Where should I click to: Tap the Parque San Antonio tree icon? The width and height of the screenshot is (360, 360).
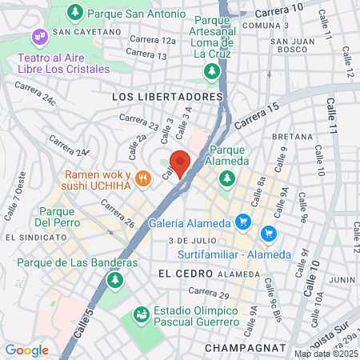click(x=75, y=13)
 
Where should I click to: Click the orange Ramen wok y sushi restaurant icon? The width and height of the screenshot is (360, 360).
click(x=143, y=178)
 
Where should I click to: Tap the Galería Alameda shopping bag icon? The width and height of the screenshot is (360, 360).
click(x=244, y=222)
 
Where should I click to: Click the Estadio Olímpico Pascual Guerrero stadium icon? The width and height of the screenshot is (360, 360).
click(x=141, y=314)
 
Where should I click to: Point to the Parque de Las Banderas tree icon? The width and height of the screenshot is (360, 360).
click(x=114, y=280)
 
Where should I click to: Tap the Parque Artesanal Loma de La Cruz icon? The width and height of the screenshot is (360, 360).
click(x=212, y=72)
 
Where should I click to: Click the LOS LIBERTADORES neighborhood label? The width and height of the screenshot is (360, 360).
click(x=166, y=96)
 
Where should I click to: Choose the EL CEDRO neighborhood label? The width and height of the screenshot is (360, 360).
click(x=177, y=273)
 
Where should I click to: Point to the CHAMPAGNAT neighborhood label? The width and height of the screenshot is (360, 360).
click(x=244, y=348)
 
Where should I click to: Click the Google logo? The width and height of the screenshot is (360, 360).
click(x=26, y=350)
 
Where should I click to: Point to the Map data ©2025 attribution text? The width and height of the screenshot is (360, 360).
click(x=325, y=354)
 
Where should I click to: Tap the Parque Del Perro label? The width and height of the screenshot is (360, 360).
click(x=56, y=217)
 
